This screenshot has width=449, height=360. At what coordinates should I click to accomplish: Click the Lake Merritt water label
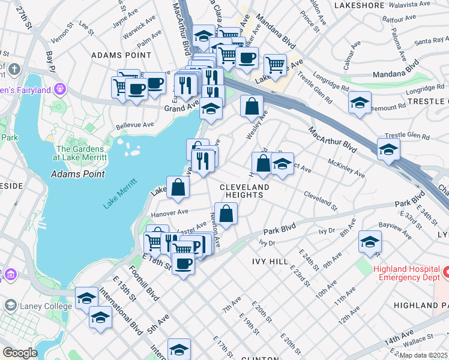120,194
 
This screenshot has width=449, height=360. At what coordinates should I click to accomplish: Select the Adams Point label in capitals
121,55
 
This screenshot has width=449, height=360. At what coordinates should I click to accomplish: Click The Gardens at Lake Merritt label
82,153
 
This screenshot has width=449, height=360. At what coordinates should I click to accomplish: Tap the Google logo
19,353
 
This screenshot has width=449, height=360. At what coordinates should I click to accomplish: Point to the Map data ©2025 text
424,355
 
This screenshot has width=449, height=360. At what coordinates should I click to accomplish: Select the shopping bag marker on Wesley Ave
252,106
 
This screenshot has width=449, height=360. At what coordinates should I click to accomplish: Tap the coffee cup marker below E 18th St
183,263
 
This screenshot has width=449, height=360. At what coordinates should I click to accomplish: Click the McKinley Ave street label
347,169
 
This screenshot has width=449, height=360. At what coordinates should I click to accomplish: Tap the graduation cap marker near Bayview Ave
370,242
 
